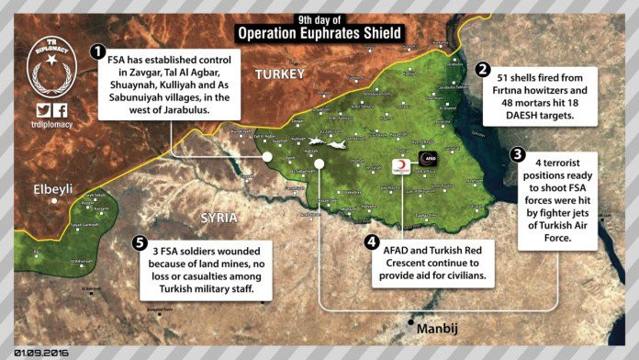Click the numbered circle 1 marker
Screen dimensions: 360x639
tap(97, 52)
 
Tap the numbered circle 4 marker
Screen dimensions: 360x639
tap(371, 242)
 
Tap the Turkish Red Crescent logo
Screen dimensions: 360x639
tap(400, 166)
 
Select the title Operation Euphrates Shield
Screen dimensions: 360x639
tap(318, 34)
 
